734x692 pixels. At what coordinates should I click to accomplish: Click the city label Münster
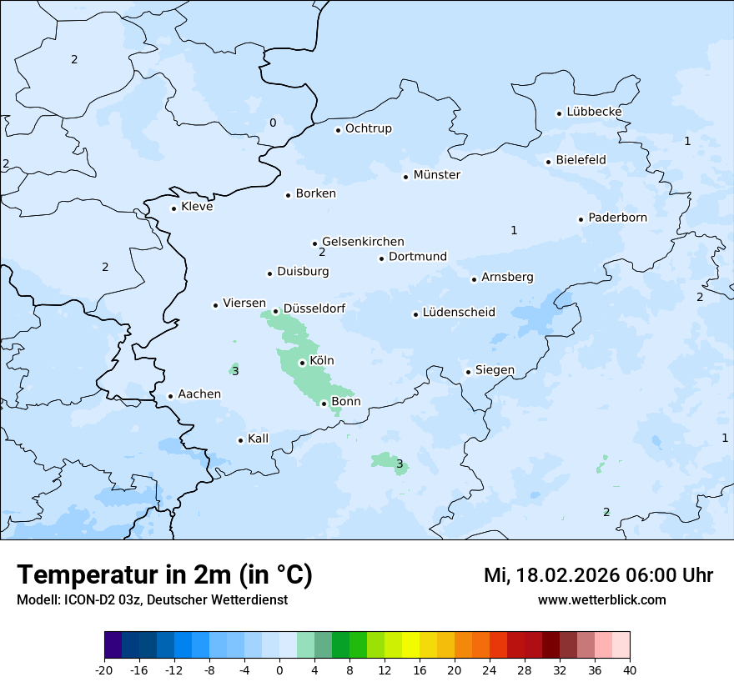[x=436, y=175]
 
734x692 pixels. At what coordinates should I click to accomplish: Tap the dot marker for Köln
[x=302, y=363]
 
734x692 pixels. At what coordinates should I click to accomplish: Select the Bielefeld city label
[x=581, y=160]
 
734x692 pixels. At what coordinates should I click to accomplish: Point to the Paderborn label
[x=617, y=218]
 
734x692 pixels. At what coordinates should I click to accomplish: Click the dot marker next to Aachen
[x=170, y=397]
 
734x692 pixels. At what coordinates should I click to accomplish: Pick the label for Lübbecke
[x=594, y=112]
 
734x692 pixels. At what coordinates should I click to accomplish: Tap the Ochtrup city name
[x=368, y=128]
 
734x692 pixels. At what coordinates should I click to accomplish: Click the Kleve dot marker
[x=173, y=208]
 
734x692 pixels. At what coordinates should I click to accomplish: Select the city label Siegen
[x=495, y=370]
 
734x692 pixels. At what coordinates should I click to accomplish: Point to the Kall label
[x=258, y=439]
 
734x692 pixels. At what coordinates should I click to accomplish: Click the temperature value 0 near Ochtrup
[x=273, y=123]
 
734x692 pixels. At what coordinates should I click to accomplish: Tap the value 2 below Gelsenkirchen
[x=322, y=253]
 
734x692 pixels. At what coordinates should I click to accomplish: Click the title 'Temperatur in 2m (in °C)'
[x=165, y=575]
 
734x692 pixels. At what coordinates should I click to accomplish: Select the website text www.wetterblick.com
[x=601, y=600]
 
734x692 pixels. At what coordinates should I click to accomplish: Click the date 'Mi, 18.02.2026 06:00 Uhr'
[x=598, y=575]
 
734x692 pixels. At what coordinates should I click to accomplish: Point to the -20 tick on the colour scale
[x=104, y=669]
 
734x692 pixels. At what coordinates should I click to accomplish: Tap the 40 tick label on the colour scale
[x=630, y=669]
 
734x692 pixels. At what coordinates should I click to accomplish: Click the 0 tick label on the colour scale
[x=279, y=669]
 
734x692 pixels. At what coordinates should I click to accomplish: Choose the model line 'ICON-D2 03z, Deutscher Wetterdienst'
[x=152, y=600]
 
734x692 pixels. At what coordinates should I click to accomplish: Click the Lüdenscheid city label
[x=458, y=313]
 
